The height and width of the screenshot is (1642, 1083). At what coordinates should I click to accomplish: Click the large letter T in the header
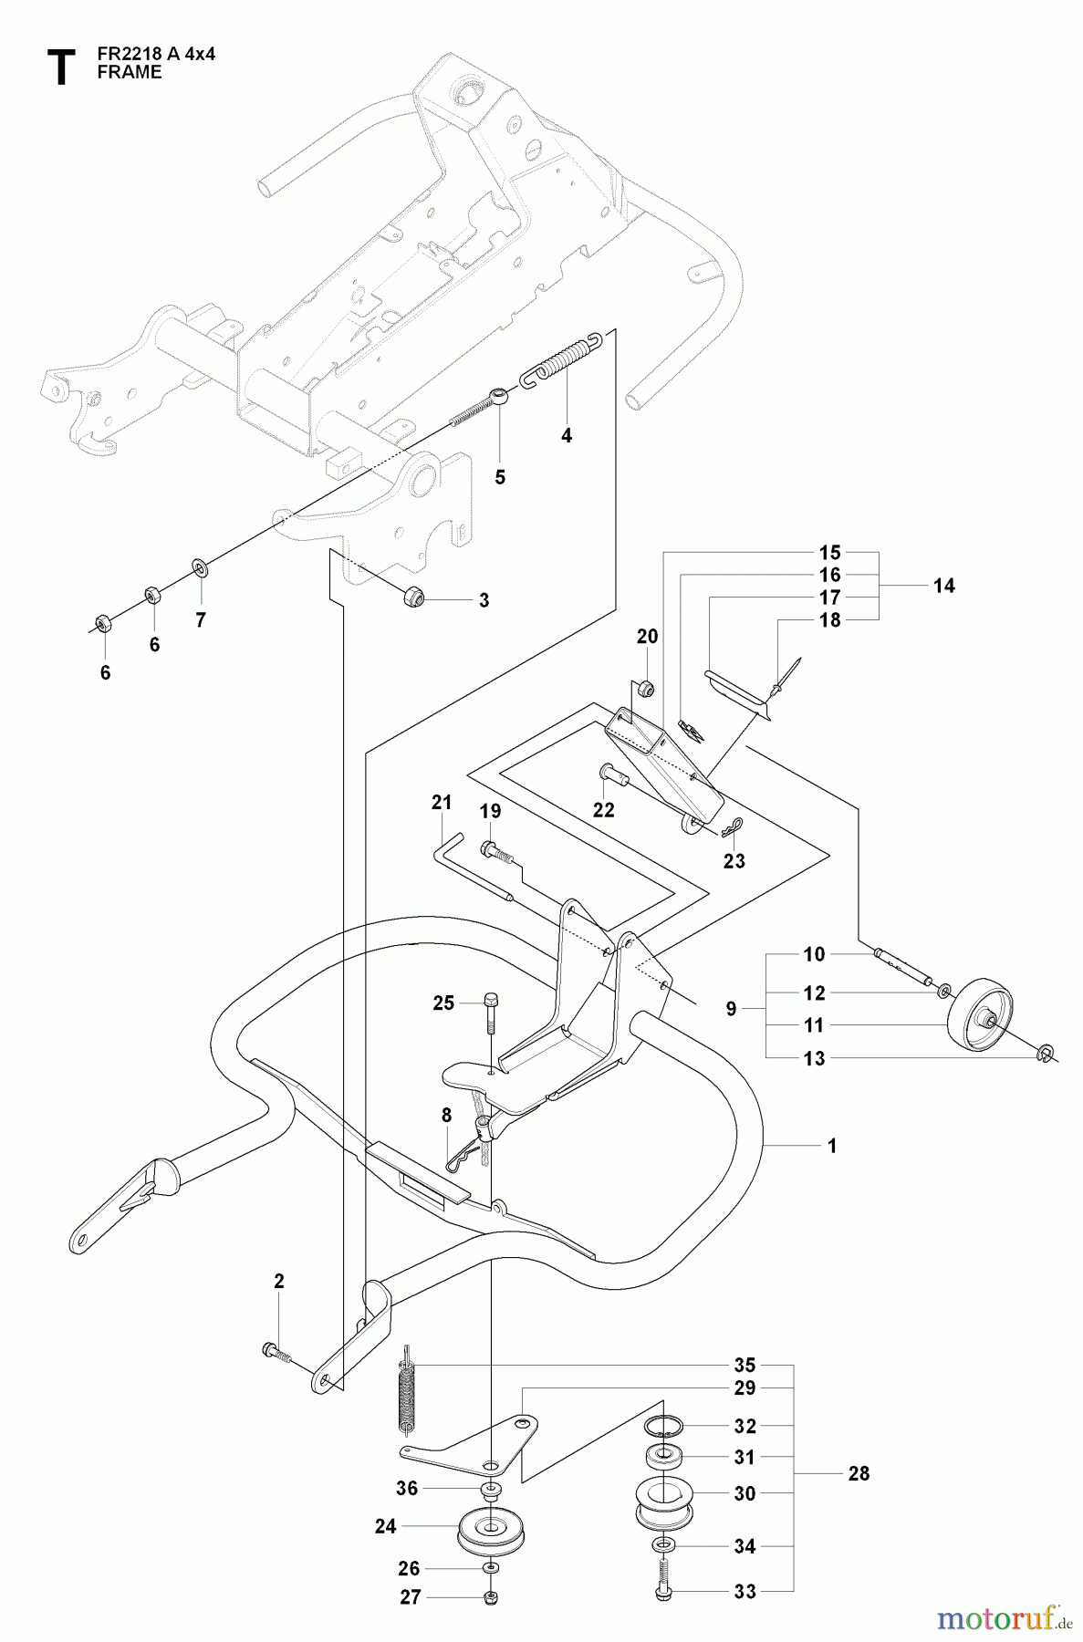point(60,68)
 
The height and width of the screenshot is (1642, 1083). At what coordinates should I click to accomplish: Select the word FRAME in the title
point(129,73)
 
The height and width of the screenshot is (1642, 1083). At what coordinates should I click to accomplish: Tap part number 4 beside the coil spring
point(567,436)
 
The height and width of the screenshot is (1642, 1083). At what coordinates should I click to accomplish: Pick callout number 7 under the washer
point(201,620)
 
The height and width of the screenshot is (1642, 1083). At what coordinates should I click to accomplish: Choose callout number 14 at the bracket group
point(944,586)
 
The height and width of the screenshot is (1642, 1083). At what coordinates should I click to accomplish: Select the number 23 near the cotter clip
point(734,860)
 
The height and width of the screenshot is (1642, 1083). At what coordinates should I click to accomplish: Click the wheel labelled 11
point(976,1017)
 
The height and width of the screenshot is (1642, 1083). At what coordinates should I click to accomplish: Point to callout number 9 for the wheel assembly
point(731,1009)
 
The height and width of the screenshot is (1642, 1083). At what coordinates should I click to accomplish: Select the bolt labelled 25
point(491,1011)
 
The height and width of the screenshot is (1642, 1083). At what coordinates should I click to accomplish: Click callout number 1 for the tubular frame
point(831,1146)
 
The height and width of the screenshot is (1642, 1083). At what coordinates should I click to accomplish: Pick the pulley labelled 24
point(491,1528)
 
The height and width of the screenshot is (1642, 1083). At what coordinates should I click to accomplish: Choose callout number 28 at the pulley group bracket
point(859,1473)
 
